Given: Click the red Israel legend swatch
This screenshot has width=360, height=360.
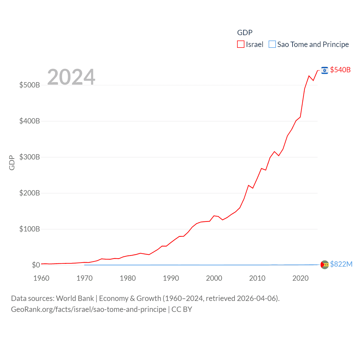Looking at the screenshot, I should (x=241, y=44).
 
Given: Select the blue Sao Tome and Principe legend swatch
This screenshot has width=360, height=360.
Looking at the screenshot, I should (x=272, y=44).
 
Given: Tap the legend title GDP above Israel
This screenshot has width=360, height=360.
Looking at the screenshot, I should (x=245, y=33).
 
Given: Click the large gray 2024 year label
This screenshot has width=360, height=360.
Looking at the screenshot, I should (x=71, y=77).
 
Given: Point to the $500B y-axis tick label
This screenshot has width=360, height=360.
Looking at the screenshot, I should (x=30, y=85).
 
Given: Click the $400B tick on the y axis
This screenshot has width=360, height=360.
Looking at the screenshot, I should (x=30, y=121).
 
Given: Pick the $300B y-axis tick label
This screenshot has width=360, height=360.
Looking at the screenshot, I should (x=30, y=157).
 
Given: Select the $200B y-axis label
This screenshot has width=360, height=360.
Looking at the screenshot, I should (x=30, y=193).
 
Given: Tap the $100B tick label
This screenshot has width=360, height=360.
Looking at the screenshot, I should (x=30, y=229).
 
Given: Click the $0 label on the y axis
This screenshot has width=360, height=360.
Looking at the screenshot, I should (x=36, y=265).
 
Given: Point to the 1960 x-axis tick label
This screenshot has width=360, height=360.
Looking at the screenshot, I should (x=41, y=278).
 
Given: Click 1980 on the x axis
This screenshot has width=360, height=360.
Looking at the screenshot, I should (x=128, y=278).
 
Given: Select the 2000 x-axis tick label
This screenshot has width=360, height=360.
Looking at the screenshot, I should (x=214, y=278).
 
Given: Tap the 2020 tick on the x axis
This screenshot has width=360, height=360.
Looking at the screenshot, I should (x=300, y=278).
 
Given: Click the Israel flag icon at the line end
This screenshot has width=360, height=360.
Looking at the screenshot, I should (x=325, y=70).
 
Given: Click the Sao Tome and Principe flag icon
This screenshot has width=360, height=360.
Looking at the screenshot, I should (x=325, y=265).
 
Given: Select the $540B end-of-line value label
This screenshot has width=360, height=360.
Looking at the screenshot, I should (x=340, y=70).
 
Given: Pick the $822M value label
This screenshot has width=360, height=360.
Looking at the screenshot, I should (x=341, y=264).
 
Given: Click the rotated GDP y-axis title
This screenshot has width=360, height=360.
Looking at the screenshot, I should (x=12, y=163).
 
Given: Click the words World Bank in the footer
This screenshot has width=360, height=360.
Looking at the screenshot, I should (x=75, y=298).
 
